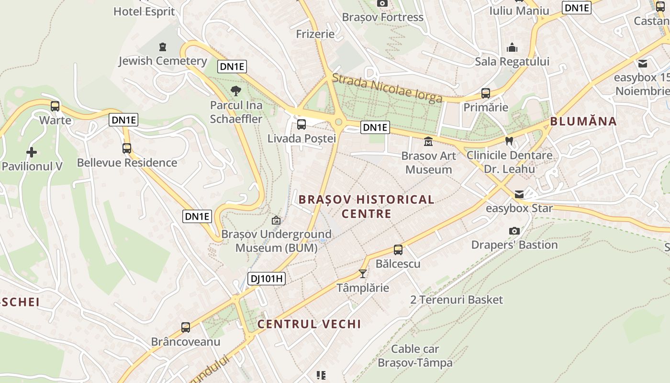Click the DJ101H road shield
tap(267, 279)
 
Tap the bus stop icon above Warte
tap(55, 106)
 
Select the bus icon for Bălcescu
tap(398, 250)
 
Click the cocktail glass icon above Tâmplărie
tap(362, 274)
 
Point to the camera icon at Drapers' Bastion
tap(514, 231)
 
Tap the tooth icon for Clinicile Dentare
tap(509, 141)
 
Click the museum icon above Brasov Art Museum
tap(428, 142)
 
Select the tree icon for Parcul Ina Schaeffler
tap(236, 90)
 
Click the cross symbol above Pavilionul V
tap(32, 153)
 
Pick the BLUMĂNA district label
tap(583, 121)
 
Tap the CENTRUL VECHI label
tap(309, 324)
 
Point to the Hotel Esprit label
tap(144, 11)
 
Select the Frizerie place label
tap(315, 34)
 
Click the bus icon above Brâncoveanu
tap(186, 327)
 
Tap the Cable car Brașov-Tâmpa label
tap(415, 356)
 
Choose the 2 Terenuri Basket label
tap(457, 300)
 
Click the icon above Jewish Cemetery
tap(163, 47)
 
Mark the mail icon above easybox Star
tap(519, 194)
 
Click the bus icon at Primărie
tap(486, 93)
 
